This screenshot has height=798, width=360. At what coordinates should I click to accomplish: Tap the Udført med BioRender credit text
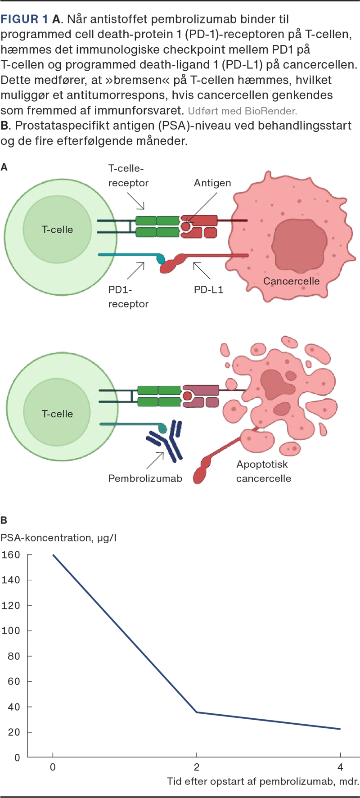click(x=242, y=111)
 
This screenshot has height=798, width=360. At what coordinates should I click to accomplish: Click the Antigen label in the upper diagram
click(x=212, y=183)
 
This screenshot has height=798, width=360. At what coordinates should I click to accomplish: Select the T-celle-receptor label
click(x=128, y=176)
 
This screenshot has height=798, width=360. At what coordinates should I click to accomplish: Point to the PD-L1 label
click(x=208, y=289)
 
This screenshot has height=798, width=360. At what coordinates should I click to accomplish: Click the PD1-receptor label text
click(x=128, y=297)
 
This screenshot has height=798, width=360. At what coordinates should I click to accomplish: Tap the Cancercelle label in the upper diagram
click(x=291, y=281)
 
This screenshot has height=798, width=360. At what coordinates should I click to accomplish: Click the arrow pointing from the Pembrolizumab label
click(x=155, y=460)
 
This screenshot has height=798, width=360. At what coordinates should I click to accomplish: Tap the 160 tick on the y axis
click(x=11, y=555)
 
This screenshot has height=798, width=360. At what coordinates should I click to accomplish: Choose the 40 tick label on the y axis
click(x=11, y=707)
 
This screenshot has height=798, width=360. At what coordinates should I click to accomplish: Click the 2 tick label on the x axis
click(x=197, y=767)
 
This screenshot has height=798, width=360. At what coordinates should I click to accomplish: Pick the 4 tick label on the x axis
click(x=340, y=767)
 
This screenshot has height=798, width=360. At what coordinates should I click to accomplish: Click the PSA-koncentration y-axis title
click(x=58, y=538)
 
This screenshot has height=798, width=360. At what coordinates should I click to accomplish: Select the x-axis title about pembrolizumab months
click(x=263, y=781)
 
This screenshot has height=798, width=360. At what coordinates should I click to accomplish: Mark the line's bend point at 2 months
click(x=196, y=712)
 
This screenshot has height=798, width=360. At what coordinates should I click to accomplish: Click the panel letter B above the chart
click(x=4, y=520)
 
